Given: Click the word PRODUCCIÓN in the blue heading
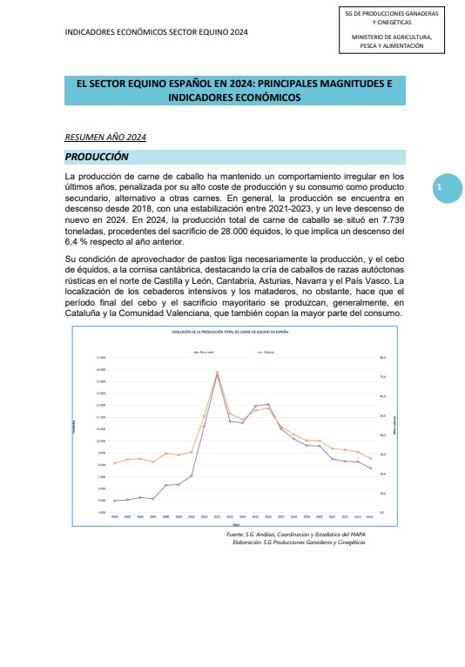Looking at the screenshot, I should tap(98, 157).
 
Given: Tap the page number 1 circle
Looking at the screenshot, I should tap(440, 187).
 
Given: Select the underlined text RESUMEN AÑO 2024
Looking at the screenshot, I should tap(105, 138).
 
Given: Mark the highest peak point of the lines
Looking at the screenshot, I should tap(217, 373).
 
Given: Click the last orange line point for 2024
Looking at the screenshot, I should tap(371, 458).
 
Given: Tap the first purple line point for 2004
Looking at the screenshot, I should tap(115, 501).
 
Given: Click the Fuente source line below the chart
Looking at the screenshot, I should tap(295, 533).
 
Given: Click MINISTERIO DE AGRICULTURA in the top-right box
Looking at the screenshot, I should tap(393, 37).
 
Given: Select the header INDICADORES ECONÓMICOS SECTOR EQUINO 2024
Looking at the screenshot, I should tap(156, 31).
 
